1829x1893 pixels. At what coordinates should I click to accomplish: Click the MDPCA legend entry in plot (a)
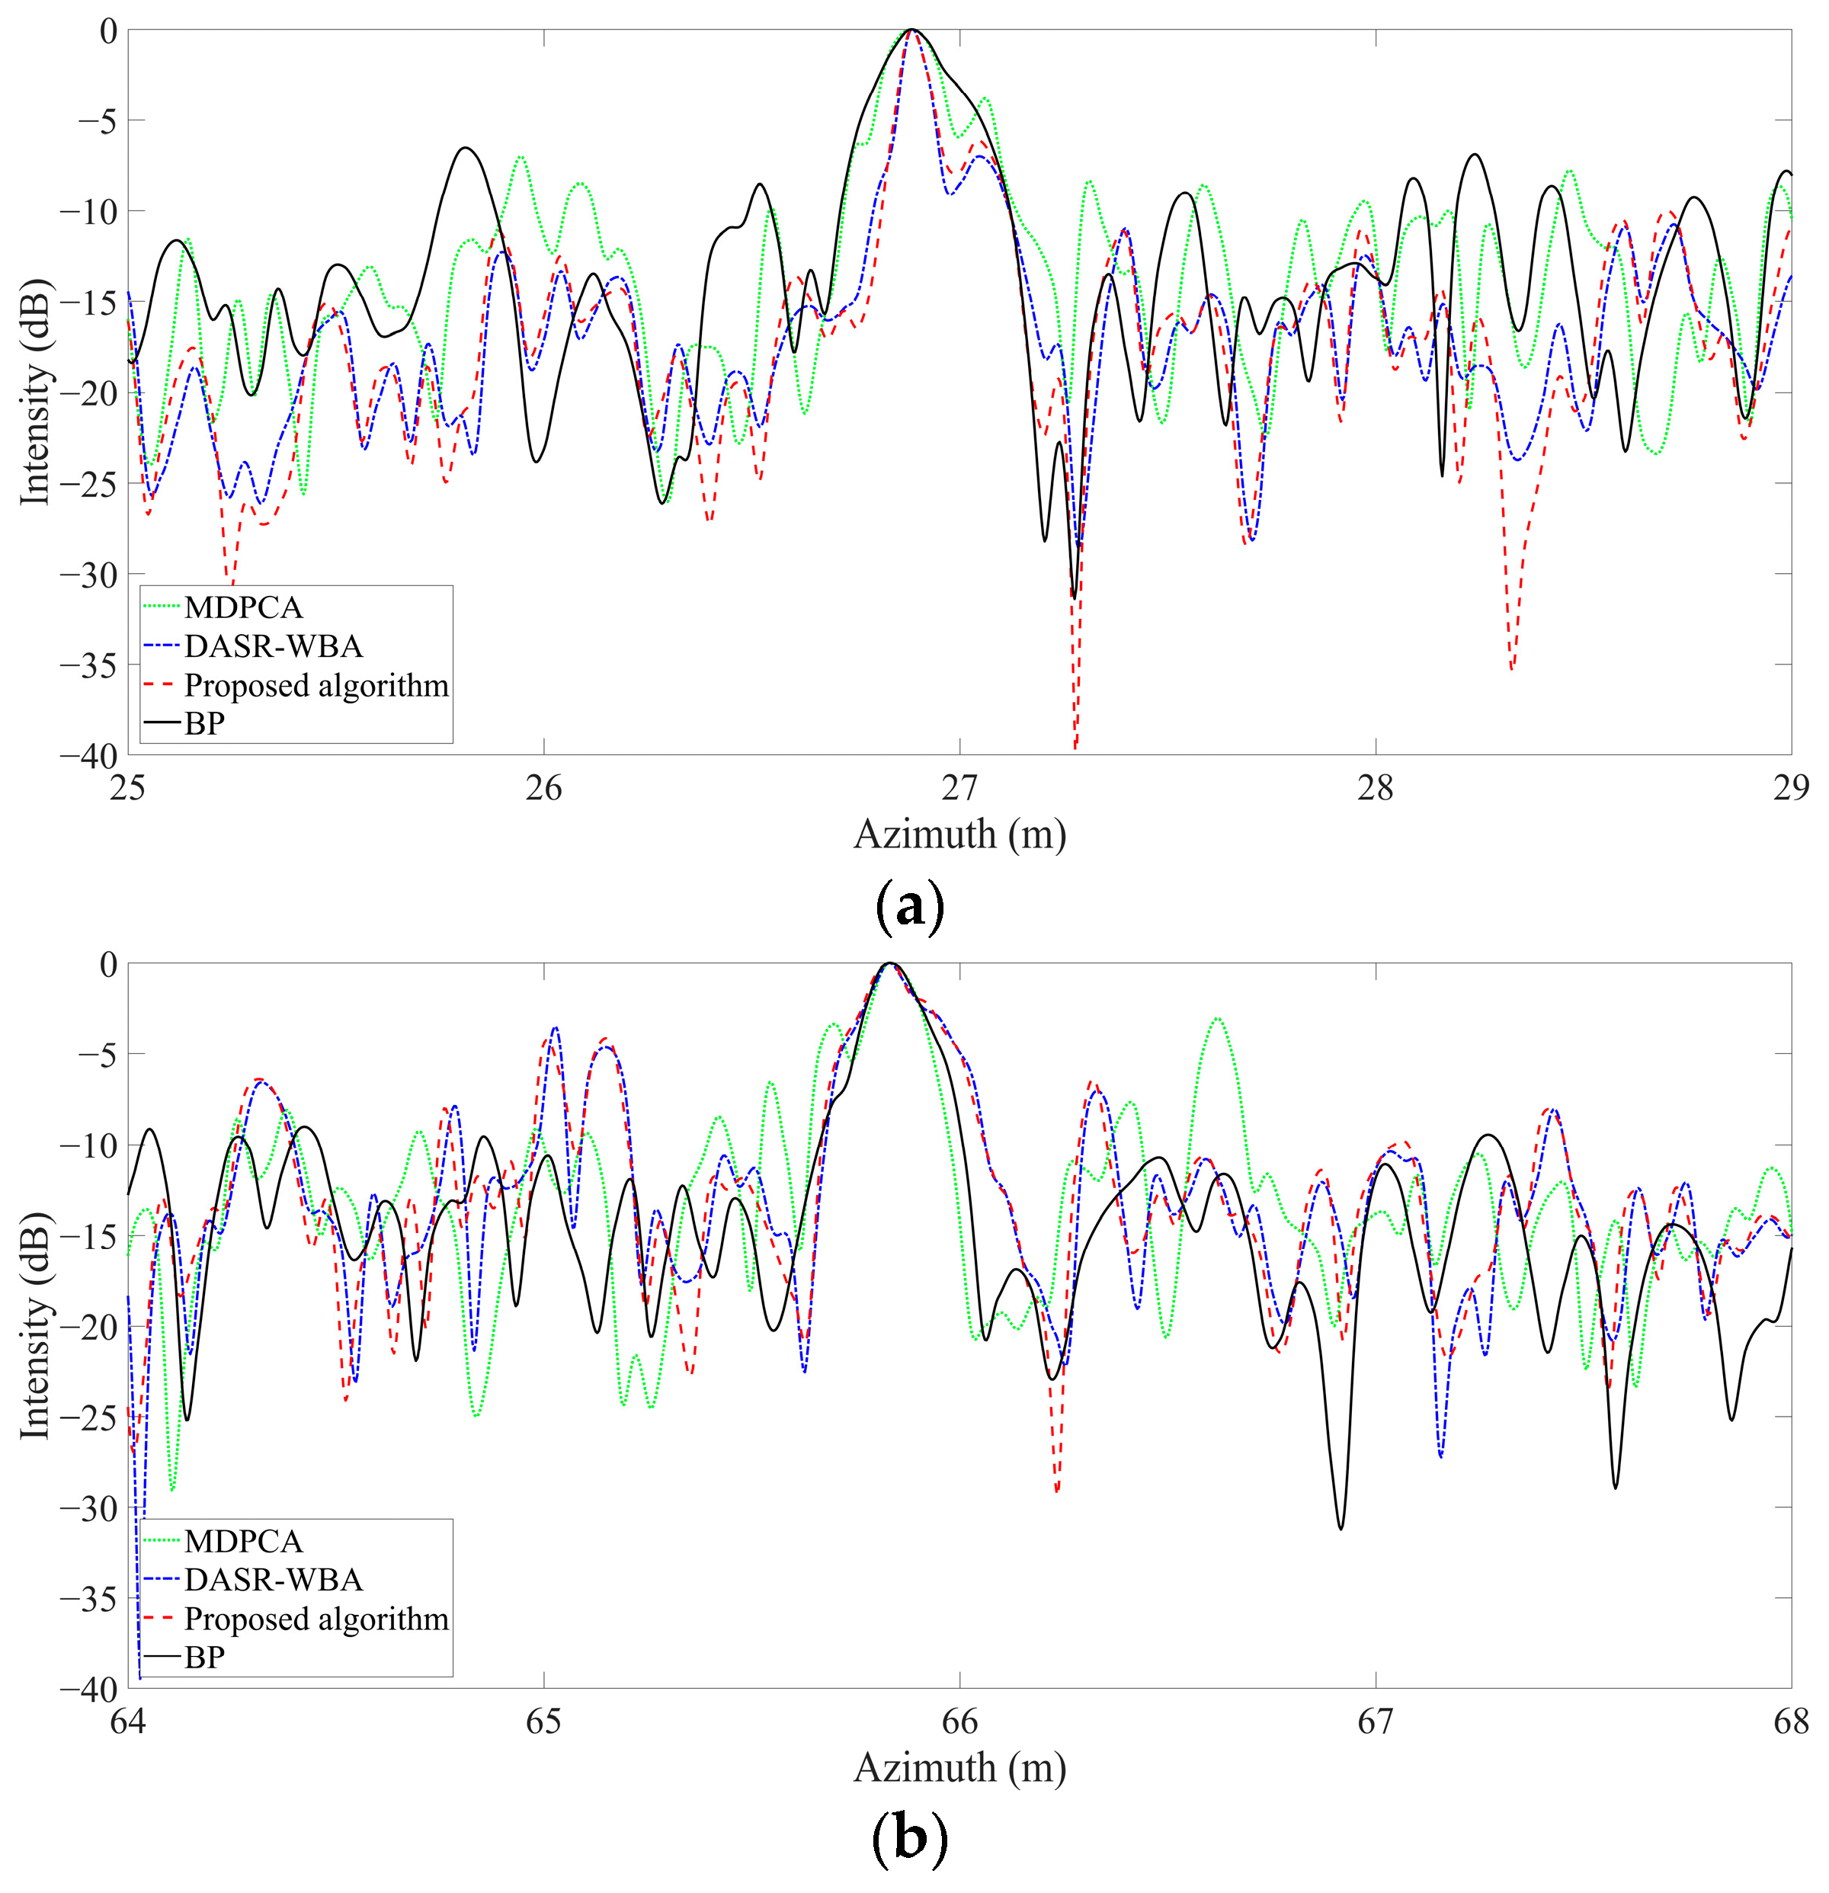243,607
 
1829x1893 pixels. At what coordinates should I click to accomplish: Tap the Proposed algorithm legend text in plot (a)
316,685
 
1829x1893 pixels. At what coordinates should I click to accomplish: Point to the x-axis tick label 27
959,789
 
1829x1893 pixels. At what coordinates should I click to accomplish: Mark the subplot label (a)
908,906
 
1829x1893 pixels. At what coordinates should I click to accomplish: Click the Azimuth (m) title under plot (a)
959,834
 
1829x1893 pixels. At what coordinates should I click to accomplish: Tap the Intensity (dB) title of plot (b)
35,1324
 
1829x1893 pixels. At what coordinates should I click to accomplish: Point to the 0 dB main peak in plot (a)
911,32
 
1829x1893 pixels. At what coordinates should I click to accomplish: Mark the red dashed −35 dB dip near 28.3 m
1511,666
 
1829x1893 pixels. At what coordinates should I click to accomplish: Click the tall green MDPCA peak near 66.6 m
1219,1020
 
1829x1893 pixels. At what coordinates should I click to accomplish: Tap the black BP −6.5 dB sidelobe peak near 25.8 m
466,149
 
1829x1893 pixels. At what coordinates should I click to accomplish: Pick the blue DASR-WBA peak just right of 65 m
556,1030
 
